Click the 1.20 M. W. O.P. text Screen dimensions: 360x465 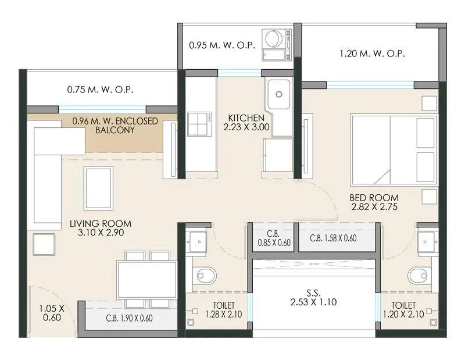[x=372, y=54]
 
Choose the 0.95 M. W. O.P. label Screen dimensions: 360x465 [x=221, y=45]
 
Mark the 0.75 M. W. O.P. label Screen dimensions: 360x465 [x=100, y=90]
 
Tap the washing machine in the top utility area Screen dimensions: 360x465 [x=273, y=40]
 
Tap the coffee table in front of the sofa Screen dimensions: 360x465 [x=99, y=187]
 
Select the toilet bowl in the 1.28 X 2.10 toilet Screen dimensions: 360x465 [x=203, y=273]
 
